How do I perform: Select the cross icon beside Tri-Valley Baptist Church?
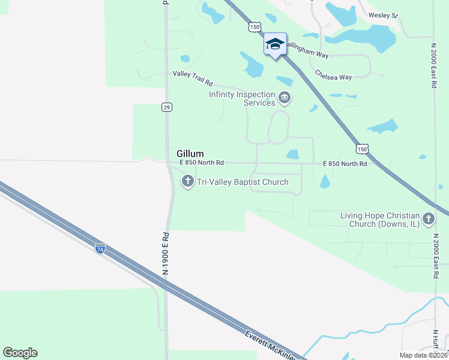tap(188, 181)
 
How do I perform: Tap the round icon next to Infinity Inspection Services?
tap(285, 97)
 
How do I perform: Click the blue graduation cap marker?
tap(275, 44)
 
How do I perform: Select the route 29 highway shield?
tap(167, 107)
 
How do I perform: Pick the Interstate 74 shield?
tap(101, 247)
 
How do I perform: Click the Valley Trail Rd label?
tap(193, 74)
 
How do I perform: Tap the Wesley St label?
tap(383, 15)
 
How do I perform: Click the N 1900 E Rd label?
tap(166, 254)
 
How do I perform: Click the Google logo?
tap(20, 353)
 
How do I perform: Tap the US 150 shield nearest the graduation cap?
tap(255, 27)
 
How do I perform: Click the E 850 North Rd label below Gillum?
tap(201, 163)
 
